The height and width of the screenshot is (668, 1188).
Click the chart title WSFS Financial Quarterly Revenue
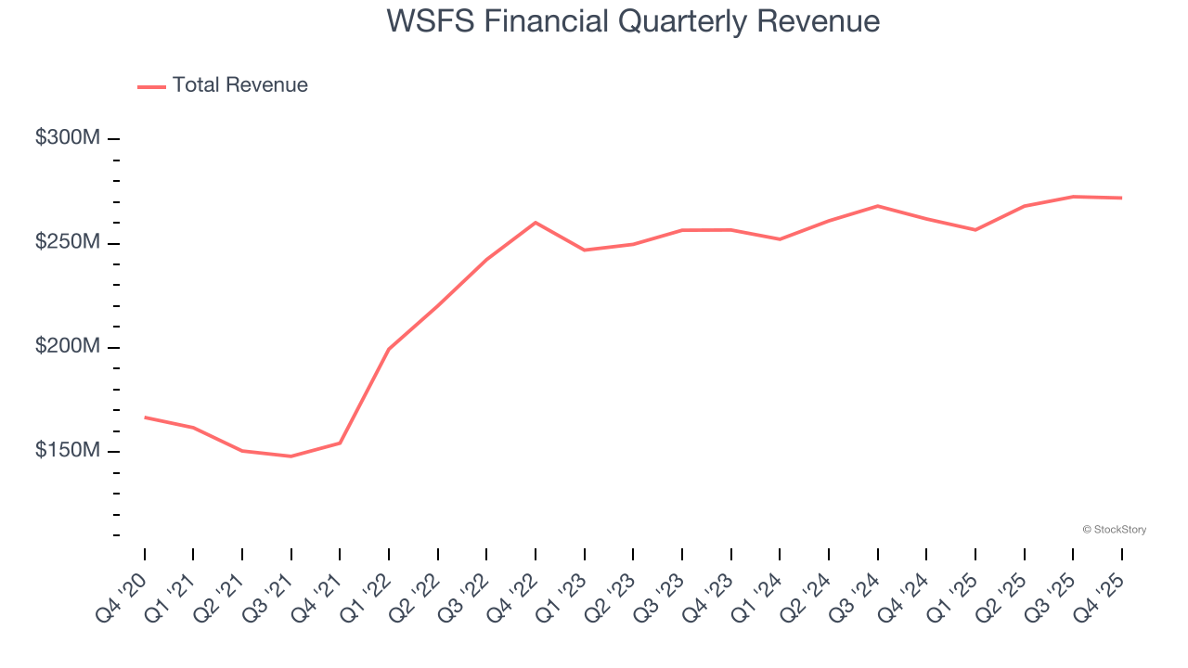click(x=633, y=21)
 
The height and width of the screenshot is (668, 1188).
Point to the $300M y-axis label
click(x=67, y=138)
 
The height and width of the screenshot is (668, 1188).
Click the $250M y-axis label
click(x=67, y=242)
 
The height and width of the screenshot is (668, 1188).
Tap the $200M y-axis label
click(x=67, y=346)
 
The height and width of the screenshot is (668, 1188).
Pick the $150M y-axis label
click(x=67, y=451)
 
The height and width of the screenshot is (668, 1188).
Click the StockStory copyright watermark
click(x=1114, y=530)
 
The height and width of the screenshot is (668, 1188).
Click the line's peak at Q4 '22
click(x=536, y=223)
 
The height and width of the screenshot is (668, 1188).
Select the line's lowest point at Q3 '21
click(x=291, y=456)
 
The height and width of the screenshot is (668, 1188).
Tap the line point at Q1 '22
click(x=389, y=349)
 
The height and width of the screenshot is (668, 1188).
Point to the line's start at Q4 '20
click(x=145, y=417)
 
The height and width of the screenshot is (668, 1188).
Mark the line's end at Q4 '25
click(x=1122, y=198)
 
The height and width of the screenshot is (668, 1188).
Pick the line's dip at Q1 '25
click(x=975, y=230)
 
